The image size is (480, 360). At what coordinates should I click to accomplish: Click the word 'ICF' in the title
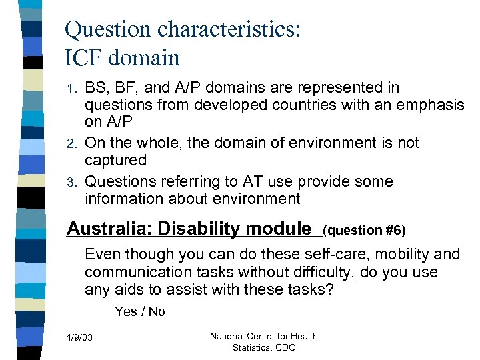[85, 58]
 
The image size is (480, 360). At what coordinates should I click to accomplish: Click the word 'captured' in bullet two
[115, 160]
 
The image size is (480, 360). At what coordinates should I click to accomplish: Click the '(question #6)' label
[364, 231]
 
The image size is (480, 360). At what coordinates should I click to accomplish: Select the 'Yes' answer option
[126, 311]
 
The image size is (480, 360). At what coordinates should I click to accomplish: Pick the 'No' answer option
[157, 311]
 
